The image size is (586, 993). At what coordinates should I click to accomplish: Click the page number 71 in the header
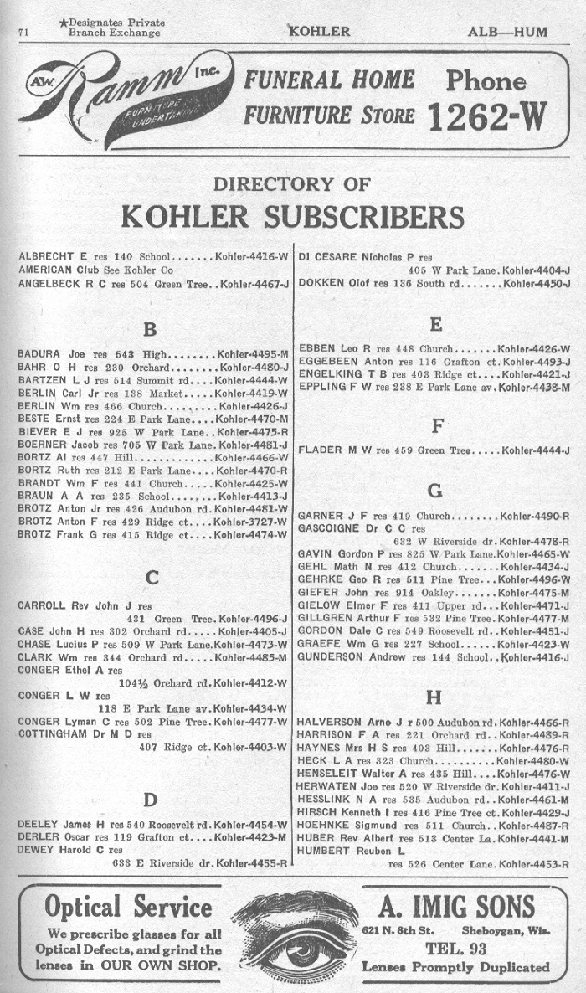coord(23,33)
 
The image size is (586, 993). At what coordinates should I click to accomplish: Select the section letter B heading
coord(151,328)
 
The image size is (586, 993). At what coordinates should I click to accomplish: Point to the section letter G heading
coord(434,490)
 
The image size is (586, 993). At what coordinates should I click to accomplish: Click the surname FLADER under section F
coord(320,450)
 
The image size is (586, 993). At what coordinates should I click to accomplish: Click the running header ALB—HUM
coord(508,32)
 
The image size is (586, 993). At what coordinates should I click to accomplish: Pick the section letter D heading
coord(151,800)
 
